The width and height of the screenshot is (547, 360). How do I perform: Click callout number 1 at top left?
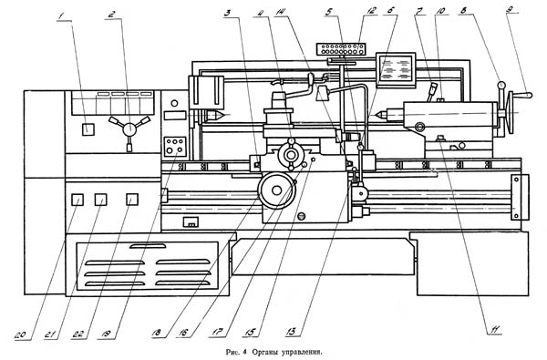[61, 16]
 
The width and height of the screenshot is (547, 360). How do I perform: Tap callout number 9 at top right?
[510, 9]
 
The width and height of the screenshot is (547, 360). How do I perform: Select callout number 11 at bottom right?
[495, 329]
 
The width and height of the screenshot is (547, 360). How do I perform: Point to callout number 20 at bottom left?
[20, 335]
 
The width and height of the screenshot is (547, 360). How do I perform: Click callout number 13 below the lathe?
[290, 332]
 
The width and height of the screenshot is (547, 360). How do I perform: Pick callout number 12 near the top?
[370, 10]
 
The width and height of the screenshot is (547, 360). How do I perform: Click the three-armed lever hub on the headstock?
[129, 129]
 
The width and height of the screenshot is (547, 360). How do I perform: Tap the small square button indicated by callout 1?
[88, 129]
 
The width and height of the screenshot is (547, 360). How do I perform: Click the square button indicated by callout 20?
[77, 200]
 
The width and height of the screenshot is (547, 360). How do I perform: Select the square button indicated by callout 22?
[132, 200]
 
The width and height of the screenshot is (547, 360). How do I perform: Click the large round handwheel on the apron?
[276, 190]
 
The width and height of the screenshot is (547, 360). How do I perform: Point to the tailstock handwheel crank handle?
[523, 95]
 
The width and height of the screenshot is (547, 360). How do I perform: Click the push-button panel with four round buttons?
[174, 146]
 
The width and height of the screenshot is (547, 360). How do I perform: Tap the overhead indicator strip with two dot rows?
[340, 49]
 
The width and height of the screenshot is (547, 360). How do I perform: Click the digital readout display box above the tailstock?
[396, 70]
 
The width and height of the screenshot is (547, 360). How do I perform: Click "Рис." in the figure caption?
[232, 352]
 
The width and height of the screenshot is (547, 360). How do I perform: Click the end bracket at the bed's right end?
[520, 197]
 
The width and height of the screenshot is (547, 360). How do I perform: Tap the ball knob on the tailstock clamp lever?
[501, 85]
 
